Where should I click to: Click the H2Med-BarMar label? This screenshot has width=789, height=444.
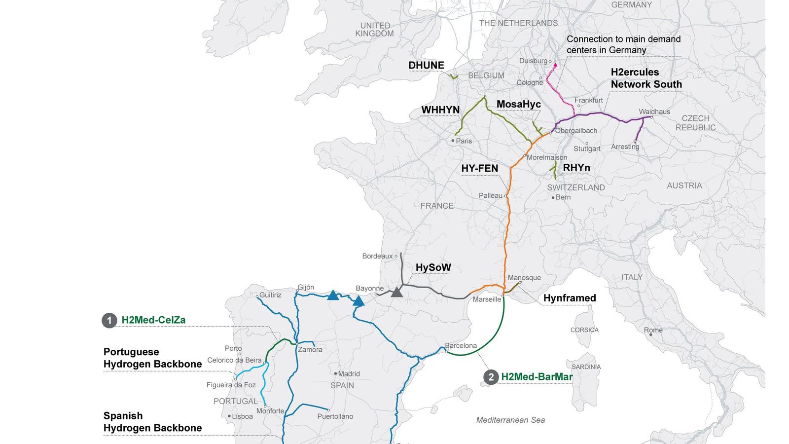pos(537,377)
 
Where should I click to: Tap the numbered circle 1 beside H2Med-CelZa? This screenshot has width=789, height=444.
pos(109,320)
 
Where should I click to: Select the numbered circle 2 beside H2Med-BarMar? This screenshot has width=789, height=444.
pos(491,377)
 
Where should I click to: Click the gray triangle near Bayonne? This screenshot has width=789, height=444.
pos(396,292)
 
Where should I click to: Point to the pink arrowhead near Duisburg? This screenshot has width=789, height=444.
pos(556,64)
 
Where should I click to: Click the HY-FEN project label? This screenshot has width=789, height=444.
pos(479,169)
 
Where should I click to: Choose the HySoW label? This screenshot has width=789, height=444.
pos(433,267)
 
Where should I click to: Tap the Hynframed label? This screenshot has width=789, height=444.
pos(569,298)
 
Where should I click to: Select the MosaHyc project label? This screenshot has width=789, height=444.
pos(518,104)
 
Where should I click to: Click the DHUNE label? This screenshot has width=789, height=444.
pos(426,65)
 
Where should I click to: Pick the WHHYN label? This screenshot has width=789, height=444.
pos(440,110)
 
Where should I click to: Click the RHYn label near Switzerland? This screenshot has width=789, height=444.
pos(576,168)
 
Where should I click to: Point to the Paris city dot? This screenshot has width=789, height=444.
pos(453,141)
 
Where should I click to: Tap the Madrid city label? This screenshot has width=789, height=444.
pos(349,374)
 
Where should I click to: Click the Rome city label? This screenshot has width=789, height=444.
pos(653,330)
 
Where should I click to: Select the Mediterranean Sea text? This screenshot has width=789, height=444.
pos(510,420)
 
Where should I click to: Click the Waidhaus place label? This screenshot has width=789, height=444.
pos(654,111)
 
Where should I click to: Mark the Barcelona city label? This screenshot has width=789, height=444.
pos(461,345)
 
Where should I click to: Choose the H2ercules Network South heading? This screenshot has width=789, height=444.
pos(646,78)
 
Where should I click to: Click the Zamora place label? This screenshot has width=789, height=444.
pos(310,349)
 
